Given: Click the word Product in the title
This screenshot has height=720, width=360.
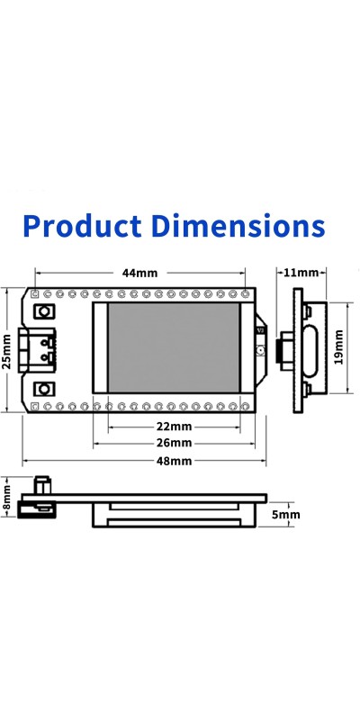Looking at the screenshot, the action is (82, 227).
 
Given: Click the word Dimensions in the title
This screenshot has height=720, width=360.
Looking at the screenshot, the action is (238, 227).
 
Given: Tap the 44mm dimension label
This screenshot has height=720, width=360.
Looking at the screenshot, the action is (139, 274).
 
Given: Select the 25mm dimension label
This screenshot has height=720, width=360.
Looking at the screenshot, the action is (6, 351).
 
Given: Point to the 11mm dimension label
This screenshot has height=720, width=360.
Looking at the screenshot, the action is (301, 273).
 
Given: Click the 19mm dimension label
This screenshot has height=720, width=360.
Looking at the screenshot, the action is (339, 346).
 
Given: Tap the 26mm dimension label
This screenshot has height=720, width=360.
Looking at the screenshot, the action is (174, 444).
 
